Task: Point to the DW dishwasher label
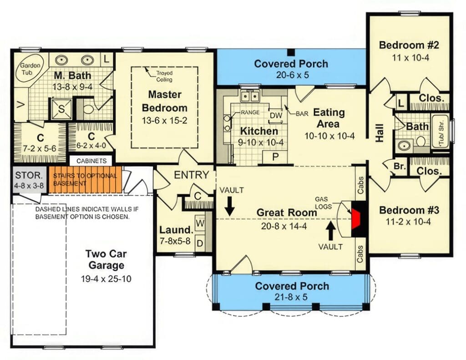(276, 116)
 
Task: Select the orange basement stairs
(86, 179)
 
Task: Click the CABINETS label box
(91, 161)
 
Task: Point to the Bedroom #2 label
(408, 45)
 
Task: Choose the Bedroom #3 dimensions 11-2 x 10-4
(408, 222)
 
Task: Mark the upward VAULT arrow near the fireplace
(331, 230)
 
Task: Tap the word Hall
(379, 133)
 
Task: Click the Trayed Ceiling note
(164, 76)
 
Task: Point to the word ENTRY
(192, 175)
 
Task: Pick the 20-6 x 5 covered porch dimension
(291, 75)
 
